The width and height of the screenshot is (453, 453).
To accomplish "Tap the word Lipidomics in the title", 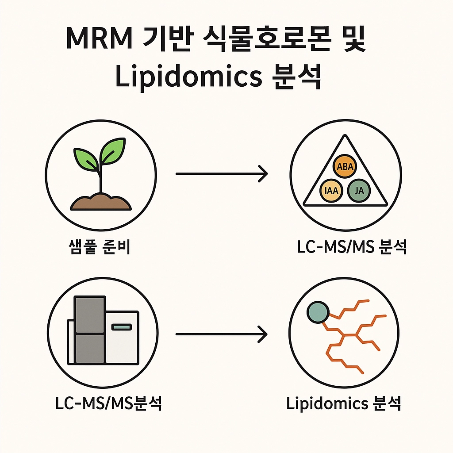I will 188,76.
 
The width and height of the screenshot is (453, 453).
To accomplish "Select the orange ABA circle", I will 344,167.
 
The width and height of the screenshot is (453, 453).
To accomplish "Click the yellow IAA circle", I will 330,191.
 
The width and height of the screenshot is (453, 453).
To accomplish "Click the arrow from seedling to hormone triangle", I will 222,174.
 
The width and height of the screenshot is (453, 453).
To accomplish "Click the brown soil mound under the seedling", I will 101,201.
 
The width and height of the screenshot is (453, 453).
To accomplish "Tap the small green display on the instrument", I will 122,327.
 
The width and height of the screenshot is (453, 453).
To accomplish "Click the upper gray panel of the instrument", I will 90,315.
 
